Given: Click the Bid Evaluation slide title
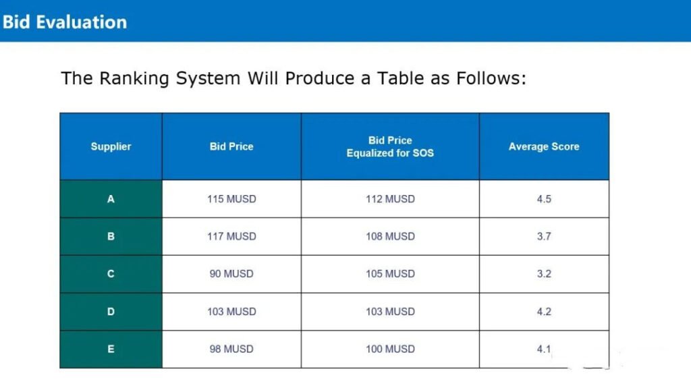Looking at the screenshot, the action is click(65, 22).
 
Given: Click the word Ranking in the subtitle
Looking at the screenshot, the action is click(134, 79).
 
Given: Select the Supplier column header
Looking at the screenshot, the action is click(111, 146).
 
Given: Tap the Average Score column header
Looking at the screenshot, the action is click(544, 146).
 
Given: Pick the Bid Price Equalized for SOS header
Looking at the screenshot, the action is click(390, 146).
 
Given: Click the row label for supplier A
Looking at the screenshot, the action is click(111, 199).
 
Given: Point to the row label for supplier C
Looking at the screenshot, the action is click(111, 274).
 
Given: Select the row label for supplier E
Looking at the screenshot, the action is click(111, 349).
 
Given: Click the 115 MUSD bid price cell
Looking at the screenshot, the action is click(231, 199).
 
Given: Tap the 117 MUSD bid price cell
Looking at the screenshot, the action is click(231, 237).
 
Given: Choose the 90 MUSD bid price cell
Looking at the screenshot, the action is click(231, 274).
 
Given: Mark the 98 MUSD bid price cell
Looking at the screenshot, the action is click(231, 349).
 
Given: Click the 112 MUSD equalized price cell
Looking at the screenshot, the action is click(390, 199).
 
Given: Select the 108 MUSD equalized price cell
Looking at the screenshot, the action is click(390, 237).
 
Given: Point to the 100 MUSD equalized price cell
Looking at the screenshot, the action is click(390, 349).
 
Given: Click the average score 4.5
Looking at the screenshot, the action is click(544, 199).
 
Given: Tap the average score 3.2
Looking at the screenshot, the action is click(544, 274).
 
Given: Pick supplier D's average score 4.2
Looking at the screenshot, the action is click(544, 312).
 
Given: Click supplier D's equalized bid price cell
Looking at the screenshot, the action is click(390, 312).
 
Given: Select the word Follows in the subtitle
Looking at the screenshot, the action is click(491, 78).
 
